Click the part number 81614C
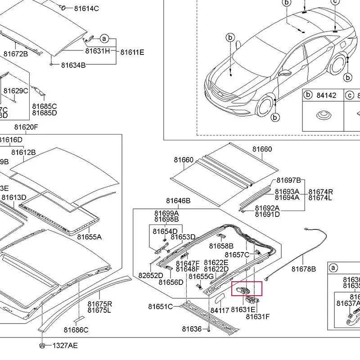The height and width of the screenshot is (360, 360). click(87, 9)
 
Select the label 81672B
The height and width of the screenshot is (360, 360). click(16, 54)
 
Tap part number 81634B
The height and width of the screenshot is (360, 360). click(73, 65)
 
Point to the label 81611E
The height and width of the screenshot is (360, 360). click(132, 53)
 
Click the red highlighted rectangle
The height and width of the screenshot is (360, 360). click(246, 288)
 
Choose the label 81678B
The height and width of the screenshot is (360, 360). click(304, 269)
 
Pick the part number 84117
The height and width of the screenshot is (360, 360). click(220, 310)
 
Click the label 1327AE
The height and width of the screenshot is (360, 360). click(65, 346)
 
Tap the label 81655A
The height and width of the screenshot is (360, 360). click(89, 237)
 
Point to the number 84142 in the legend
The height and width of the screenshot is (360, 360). click(326, 95)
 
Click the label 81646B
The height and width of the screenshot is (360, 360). click(178, 201)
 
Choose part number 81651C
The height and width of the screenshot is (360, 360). click(161, 307)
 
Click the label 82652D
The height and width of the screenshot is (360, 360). click(151, 275)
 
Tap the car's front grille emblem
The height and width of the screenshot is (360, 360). click(220, 93)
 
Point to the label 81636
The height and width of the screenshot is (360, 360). click(192, 329)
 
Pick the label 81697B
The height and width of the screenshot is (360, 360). click(288, 181)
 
